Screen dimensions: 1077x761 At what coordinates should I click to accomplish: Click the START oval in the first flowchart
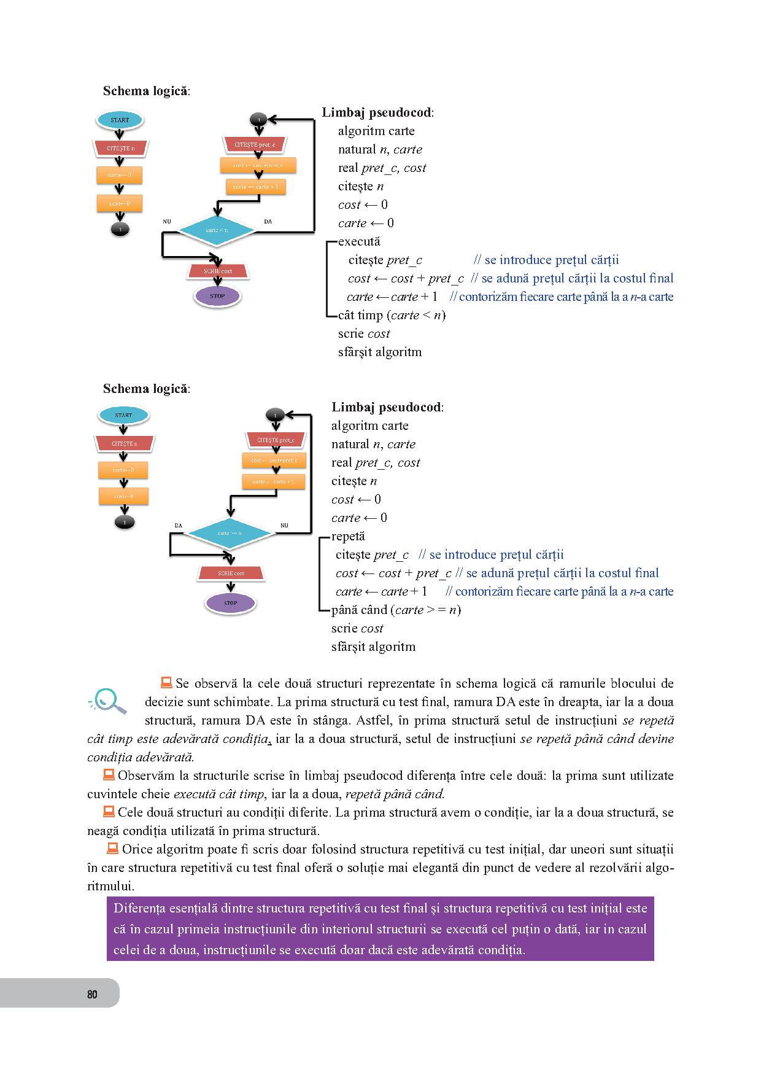point(120,120)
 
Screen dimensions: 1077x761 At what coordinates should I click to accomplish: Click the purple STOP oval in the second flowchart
point(230,603)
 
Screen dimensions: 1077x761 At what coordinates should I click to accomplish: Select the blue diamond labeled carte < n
point(216,230)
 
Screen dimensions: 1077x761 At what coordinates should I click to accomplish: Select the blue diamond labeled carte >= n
point(230,533)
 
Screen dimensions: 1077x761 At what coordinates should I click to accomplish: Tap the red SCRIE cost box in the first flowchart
point(218,271)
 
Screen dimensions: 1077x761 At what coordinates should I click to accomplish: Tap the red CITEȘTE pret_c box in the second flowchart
point(276,440)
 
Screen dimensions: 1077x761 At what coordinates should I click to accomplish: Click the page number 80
point(92,994)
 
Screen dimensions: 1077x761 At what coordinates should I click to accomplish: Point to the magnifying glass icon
point(109,701)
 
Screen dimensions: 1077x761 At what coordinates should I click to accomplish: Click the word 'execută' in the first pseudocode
point(359,241)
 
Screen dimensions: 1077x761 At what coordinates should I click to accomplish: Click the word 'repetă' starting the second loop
point(348,536)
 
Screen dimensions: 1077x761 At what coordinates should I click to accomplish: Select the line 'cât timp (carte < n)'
point(392,315)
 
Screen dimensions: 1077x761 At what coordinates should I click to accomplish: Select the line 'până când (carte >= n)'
point(396,610)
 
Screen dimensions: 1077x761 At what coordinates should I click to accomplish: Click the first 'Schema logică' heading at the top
point(146,91)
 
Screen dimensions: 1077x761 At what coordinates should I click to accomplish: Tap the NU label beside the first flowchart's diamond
point(167,221)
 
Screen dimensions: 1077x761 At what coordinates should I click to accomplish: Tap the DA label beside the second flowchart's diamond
point(179,526)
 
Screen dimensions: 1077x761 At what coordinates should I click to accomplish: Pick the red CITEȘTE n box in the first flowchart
point(120,149)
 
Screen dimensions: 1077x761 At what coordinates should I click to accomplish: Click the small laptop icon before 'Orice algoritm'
point(112,849)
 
